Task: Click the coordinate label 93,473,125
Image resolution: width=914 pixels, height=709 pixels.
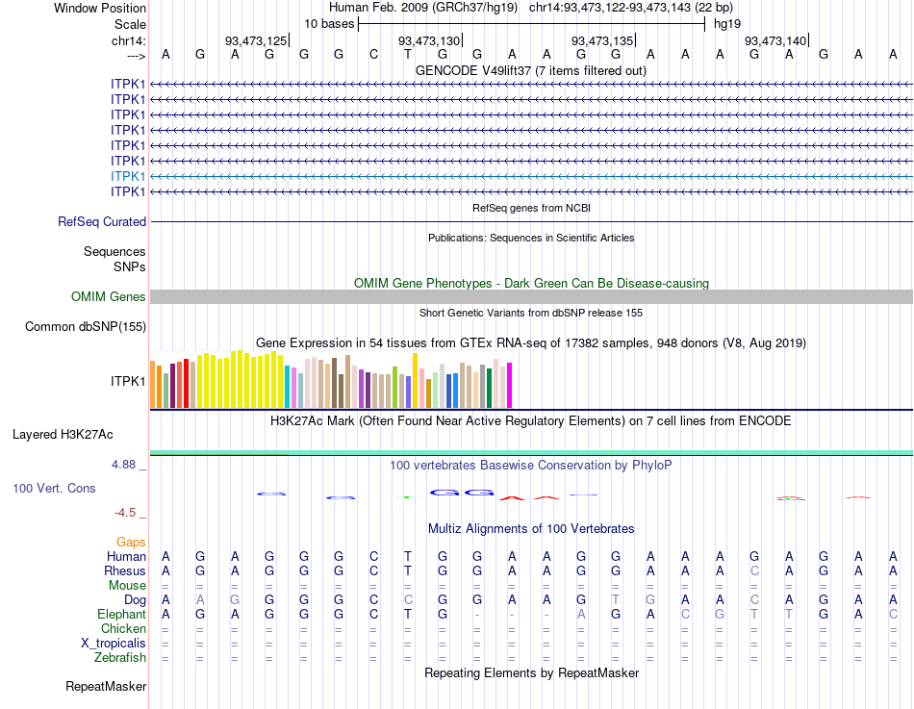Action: coord(255,40)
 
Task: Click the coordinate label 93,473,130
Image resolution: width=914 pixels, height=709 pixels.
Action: coord(428,40)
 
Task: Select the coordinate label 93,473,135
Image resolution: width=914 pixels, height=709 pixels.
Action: coord(602,40)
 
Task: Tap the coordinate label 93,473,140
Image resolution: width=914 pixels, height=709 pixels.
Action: coord(775,40)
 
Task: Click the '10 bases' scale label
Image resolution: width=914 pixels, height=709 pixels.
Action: coord(329,23)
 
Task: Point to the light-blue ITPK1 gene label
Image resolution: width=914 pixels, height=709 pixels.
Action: coord(128,176)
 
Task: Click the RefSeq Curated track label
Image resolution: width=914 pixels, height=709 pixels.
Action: coord(102,221)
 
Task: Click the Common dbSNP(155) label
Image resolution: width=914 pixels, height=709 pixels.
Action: coord(86,327)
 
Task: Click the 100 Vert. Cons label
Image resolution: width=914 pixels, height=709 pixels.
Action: coord(54,489)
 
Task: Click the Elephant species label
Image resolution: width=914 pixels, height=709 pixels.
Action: coord(121,614)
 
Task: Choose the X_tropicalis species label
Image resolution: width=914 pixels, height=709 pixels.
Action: coord(114,644)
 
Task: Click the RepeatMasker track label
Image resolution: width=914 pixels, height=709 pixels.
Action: coord(106,687)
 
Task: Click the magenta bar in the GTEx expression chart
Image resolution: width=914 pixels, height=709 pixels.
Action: coord(509,385)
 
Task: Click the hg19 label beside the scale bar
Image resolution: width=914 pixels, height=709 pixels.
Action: coord(727,23)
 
